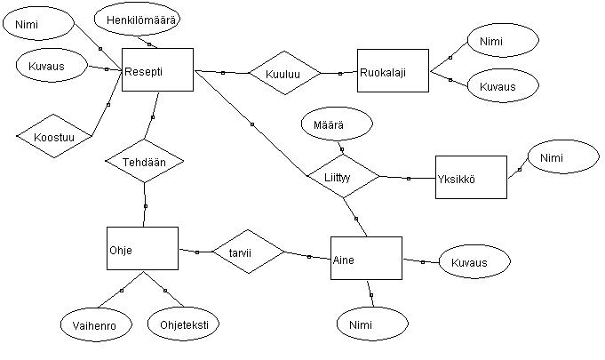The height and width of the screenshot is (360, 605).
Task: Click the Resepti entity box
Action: pos(157,70)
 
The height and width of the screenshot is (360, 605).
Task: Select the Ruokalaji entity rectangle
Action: pos(393,70)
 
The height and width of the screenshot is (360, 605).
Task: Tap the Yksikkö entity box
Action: pos(471,178)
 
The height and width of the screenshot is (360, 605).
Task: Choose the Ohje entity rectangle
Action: pos(142,249)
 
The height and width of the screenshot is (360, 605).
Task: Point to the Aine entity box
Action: pos(366,258)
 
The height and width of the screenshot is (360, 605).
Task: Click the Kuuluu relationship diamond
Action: pos(285,73)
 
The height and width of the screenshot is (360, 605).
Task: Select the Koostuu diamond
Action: pos(54,136)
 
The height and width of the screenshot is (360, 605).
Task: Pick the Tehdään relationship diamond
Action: pos(145,161)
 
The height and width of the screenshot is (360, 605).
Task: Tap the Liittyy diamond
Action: pos(344,176)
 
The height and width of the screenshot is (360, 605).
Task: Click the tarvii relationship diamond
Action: pos(249,252)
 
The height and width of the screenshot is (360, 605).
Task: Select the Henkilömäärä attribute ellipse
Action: pos(137,20)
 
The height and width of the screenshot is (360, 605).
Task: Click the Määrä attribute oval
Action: pos(337,124)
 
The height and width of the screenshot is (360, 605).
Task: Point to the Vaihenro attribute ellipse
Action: pos(96,324)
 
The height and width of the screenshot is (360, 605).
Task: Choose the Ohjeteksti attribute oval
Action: pos(183,324)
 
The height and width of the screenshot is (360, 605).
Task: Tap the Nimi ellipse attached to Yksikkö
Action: pos(563,156)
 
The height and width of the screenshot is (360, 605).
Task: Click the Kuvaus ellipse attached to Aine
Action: pos(474,261)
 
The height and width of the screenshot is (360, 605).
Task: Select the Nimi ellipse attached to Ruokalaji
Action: pos(503,40)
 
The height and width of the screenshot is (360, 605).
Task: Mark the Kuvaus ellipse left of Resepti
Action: pos(52,65)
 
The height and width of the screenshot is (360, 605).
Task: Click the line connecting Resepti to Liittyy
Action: pos(251,124)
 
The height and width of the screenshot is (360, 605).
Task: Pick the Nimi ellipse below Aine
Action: pos(372,324)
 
